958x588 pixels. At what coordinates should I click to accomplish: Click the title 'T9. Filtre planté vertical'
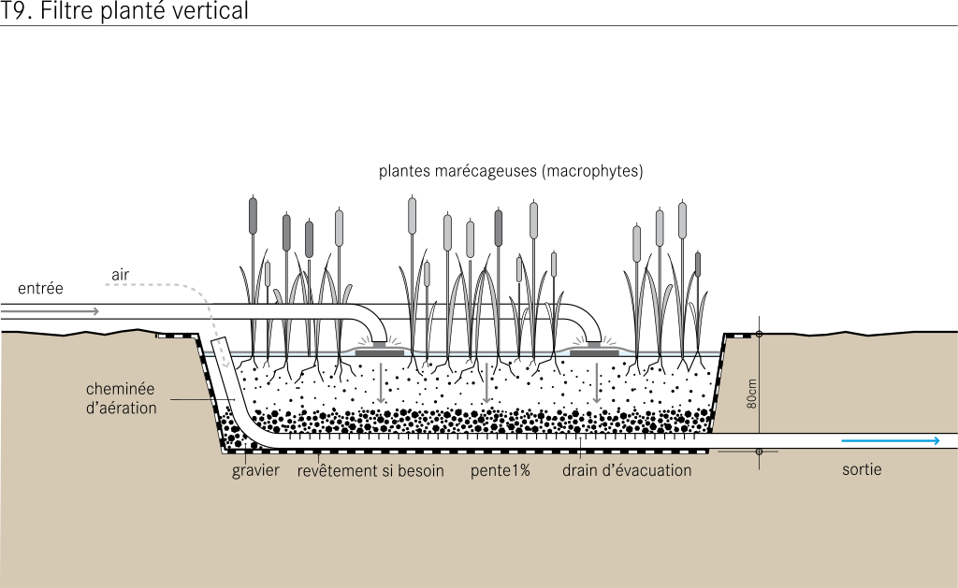pyautogui.click(x=124, y=11)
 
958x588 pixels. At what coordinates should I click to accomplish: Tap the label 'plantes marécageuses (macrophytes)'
pyautogui.click(x=511, y=171)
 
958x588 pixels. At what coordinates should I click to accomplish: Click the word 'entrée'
pyautogui.click(x=40, y=288)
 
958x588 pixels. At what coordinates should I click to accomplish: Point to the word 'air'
pyautogui.click(x=121, y=275)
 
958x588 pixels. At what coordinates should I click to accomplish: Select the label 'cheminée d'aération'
pyautogui.click(x=121, y=398)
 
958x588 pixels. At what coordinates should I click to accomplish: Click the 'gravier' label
pyautogui.click(x=255, y=471)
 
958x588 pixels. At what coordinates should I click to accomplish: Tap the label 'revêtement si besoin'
pyautogui.click(x=370, y=471)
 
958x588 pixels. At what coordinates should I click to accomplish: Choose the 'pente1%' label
pyautogui.click(x=501, y=471)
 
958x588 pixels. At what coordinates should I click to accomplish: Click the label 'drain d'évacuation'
pyautogui.click(x=627, y=471)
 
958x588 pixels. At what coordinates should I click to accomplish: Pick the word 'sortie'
pyautogui.click(x=862, y=469)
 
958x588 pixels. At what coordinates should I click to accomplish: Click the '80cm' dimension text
pyautogui.click(x=751, y=394)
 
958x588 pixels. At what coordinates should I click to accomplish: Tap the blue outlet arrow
pyautogui.click(x=891, y=441)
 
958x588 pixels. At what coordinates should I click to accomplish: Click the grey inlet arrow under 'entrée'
pyautogui.click(x=50, y=311)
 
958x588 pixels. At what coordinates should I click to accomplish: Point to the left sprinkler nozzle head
pyautogui.click(x=380, y=349)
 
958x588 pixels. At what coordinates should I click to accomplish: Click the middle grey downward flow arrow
pyautogui.click(x=486, y=383)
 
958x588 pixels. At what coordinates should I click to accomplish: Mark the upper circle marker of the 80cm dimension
pyautogui.click(x=760, y=334)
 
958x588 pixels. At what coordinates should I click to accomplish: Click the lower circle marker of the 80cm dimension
pyautogui.click(x=760, y=452)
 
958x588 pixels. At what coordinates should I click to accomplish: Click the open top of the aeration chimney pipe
pyautogui.click(x=219, y=339)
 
